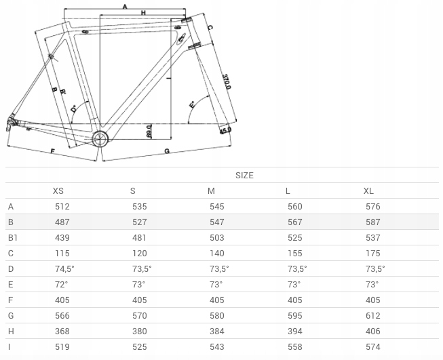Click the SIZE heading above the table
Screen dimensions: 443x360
pyautogui.click(x=244, y=176)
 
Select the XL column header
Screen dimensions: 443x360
pyautogui.click(x=368, y=191)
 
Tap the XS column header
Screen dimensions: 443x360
pyautogui.click(x=58, y=191)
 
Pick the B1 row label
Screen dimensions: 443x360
pyautogui.click(x=13, y=238)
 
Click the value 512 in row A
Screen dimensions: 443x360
pyautogui.click(x=62, y=207)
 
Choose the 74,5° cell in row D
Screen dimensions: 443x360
pyautogui.click(x=64, y=268)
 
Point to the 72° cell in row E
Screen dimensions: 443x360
pyautogui.click(x=61, y=284)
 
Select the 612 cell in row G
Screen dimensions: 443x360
pyautogui.click(x=373, y=316)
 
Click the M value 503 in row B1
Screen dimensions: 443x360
pyautogui.click(x=217, y=238)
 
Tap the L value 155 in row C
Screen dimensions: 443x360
pyautogui.click(x=295, y=254)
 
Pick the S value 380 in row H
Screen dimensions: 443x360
pyautogui.click(x=140, y=332)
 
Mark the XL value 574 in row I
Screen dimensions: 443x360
pyautogui.click(x=373, y=346)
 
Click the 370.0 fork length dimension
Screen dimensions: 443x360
pyautogui.click(x=227, y=82)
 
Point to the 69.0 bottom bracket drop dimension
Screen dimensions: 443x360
pyautogui.click(x=149, y=132)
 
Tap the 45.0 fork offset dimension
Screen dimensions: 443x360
pyautogui.click(x=225, y=130)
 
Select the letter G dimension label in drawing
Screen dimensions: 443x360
pyautogui.click(x=167, y=151)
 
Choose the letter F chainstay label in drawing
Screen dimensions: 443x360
pyautogui.click(x=52, y=151)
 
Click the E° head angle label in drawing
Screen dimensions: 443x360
pyautogui.click(x=192, y=105)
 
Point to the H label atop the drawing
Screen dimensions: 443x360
pyautogui.click(x=143, y=13)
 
